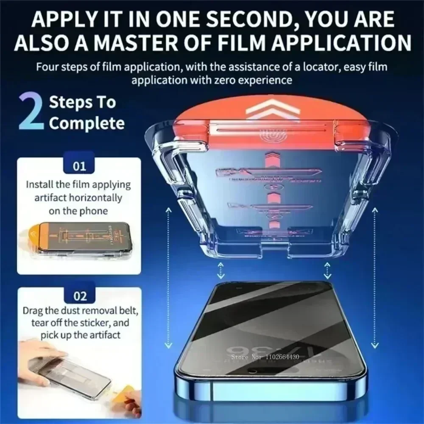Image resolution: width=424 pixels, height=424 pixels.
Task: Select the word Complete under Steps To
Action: click(x=86, y=123)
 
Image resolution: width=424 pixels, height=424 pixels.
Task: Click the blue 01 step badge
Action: click(x=79, y=166)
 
